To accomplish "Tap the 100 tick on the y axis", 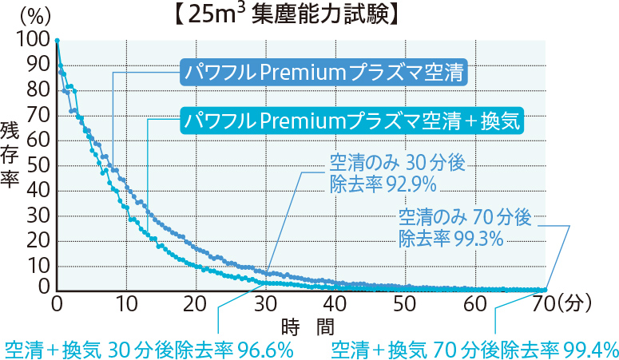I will [x=34, y=39].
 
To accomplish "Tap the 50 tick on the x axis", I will [x=405, y=303].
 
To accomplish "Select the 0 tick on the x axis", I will [x=56, y=303].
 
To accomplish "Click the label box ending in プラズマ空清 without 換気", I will [x=324, y=72].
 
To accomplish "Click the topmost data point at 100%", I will [x=57, y=39].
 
